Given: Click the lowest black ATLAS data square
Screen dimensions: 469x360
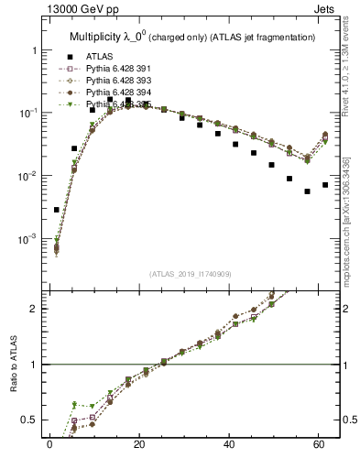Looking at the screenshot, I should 307,191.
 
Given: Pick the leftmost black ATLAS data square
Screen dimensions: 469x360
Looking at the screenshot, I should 57,210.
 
